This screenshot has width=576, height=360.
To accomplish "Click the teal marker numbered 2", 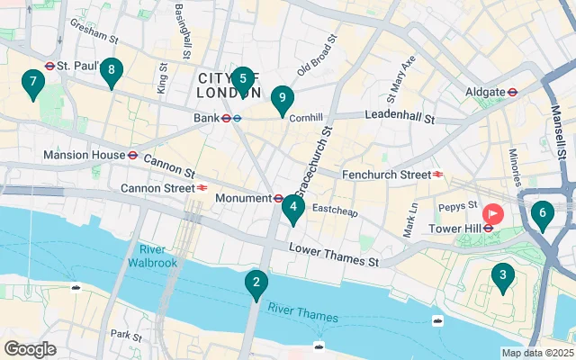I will (256, 285).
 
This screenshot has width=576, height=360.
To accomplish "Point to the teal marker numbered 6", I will (541, 214).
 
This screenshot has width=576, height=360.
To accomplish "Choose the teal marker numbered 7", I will (33, 84).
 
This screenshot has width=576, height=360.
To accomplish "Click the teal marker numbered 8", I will (111, 71).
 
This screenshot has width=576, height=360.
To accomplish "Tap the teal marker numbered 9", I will (283, 99).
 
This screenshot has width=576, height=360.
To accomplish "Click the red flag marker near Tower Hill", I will (493, 214).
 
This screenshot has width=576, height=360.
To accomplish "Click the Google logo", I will (30, 349).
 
